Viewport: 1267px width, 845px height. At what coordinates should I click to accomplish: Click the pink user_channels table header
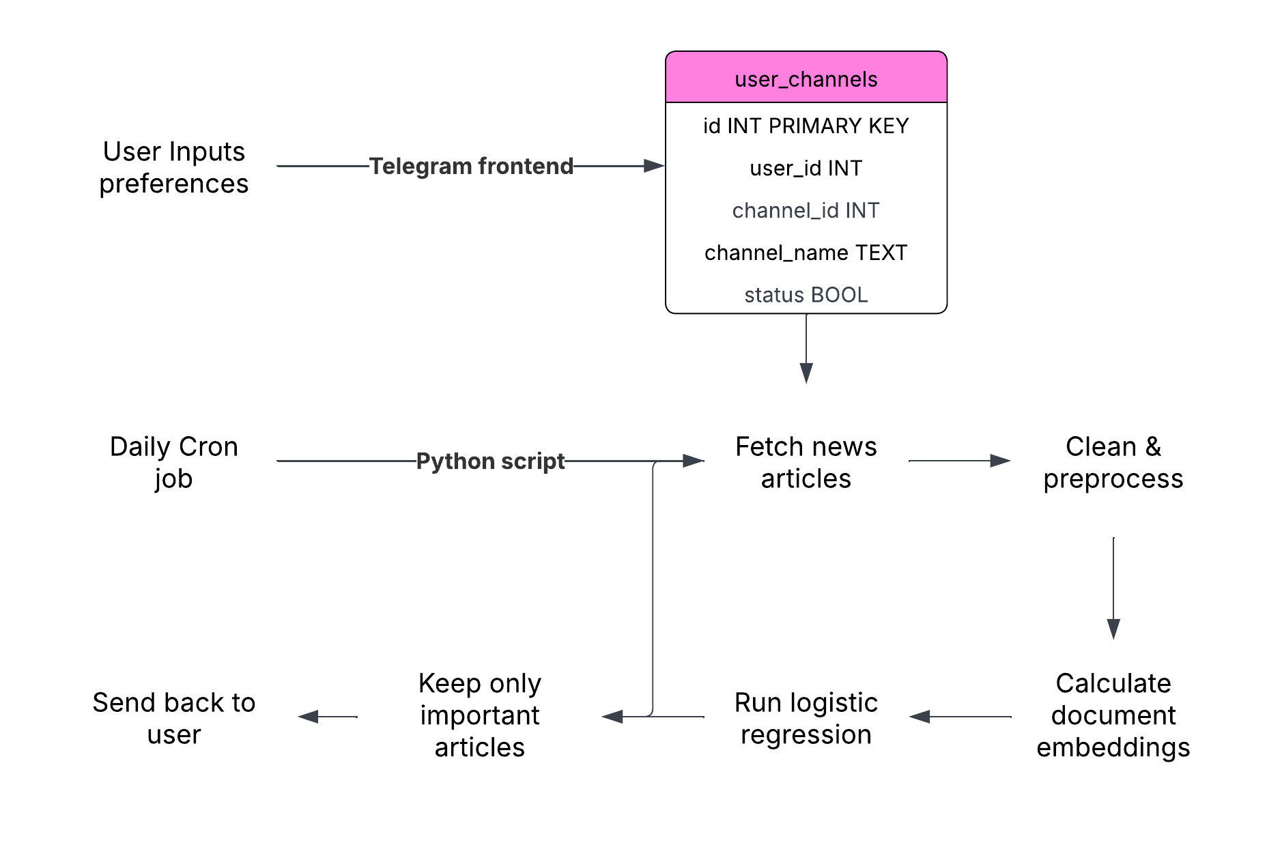click(806, 78)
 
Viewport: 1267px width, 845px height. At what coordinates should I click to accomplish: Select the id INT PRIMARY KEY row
click(806, 126)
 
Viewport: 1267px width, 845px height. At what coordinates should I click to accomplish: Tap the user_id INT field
click(806, 169)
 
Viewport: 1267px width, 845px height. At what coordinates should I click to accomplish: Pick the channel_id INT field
click(806, 211)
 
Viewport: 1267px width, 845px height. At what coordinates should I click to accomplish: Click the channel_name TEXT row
click(806, 253)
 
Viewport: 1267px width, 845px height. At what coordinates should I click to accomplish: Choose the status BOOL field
click(806, 295)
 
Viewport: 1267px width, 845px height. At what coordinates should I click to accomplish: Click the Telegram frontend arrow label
click(471, 166)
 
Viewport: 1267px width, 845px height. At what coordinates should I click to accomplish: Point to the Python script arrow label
click(490, 461)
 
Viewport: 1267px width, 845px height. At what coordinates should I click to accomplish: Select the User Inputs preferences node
click(173, 167)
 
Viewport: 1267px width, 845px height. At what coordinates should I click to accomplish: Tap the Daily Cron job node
click(173, 462)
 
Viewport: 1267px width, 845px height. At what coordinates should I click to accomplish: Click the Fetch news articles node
click(806, 462)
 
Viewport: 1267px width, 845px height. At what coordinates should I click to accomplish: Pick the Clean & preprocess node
click(1113, 462)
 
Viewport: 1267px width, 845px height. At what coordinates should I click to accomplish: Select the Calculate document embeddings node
click(1113, 715)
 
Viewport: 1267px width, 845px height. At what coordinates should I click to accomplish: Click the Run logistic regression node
click(806, 718)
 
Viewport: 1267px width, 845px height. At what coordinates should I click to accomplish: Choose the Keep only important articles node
click(480, 715)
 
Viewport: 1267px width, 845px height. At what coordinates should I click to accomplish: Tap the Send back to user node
click(173, 718)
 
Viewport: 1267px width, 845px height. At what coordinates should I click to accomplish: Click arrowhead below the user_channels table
click(806, 373)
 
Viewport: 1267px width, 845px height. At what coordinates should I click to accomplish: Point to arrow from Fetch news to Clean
click(959, 461)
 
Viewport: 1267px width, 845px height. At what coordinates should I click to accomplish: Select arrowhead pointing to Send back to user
click(309, 717)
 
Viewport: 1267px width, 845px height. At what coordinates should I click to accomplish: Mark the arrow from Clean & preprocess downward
click(1113, 587)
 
